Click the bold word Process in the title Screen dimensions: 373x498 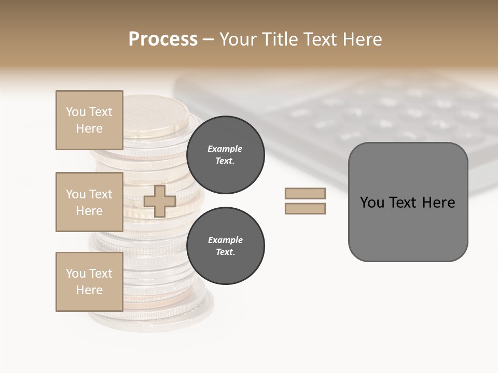click(x=163, y=39)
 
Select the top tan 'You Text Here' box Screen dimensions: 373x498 click(x=89, y=120)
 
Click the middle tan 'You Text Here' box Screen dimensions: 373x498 click(x=89, y=202)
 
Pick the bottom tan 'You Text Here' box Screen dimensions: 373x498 click(x=89, y=282)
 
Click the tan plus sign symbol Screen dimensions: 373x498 click(x=160, y=201)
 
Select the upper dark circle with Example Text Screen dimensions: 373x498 click(x=225, y=154)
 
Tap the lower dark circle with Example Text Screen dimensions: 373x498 click(x=225, y=246)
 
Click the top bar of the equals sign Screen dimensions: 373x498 click(x=305, y=193)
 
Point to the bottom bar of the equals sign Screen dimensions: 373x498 click(x=305, y=209)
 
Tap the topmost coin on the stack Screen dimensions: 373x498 click(x=156, y=111)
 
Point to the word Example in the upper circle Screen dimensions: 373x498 click(x=225, y=149)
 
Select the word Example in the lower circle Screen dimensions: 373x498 click(x=225, y=240)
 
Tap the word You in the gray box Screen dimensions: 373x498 click(x=372, y=203)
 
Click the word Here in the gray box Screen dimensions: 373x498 click(x=439, y=203)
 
